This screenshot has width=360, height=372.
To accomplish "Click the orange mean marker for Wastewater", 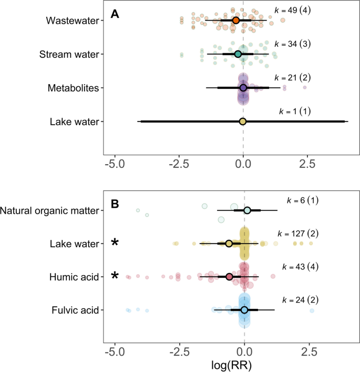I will click(236, 20).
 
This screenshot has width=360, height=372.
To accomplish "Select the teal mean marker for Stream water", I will click(238, 54).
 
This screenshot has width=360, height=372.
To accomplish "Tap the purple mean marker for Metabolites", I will click(243, 88).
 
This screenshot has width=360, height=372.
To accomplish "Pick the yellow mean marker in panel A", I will click(243, 122).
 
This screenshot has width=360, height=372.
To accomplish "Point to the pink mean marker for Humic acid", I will click(229, 276).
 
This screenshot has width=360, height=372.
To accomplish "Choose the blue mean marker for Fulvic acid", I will click(244, 310).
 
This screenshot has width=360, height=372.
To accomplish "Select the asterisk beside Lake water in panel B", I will click(115, 244).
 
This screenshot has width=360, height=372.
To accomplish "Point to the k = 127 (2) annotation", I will click(297, 233).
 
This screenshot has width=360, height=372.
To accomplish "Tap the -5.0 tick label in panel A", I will click(114, 164).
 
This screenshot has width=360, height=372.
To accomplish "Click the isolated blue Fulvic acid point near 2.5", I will click(312, 311).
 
